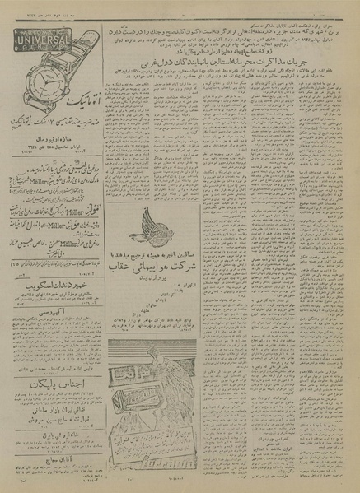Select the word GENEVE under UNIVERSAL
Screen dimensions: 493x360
click(49, 45)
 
